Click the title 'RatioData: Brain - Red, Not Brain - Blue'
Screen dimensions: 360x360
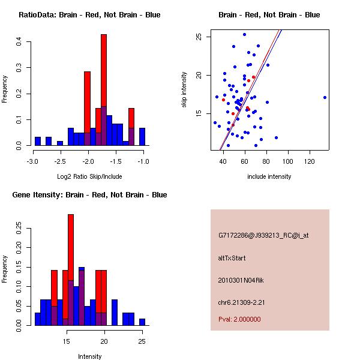tap(89, 15)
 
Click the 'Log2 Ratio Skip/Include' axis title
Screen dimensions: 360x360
tap(89, 176)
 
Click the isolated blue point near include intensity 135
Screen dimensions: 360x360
tap(325, 97)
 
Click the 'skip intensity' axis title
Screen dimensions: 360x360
tap(185, 90)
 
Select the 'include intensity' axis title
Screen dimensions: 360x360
tap(269, 176)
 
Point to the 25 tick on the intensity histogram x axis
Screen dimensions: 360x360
tap(142, 341)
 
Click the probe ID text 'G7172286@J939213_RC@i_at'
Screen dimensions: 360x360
tap(263, 236)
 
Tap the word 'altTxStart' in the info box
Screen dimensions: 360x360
tap(232, 258)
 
